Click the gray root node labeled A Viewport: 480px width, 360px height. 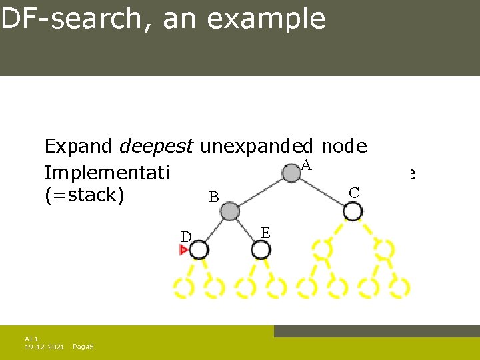[291, 173]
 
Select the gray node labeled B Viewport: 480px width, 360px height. [230, 212]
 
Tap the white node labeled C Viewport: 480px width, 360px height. [353, 211]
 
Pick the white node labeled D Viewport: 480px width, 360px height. [199, 250]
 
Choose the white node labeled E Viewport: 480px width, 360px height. [261, 250]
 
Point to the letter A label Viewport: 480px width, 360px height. [307, 165]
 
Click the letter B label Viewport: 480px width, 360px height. [214, 197]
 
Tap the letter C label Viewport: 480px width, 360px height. [354, 193]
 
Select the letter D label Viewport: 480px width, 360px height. [187, 237]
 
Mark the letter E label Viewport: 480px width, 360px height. [265, 233]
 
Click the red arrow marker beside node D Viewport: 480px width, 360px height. [183, 250]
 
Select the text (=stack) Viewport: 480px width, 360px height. [84, 197]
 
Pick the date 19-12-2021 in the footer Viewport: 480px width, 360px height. [45, 347]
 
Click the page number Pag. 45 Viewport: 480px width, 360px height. [83, 347]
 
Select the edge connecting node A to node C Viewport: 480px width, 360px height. [322, 193]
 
